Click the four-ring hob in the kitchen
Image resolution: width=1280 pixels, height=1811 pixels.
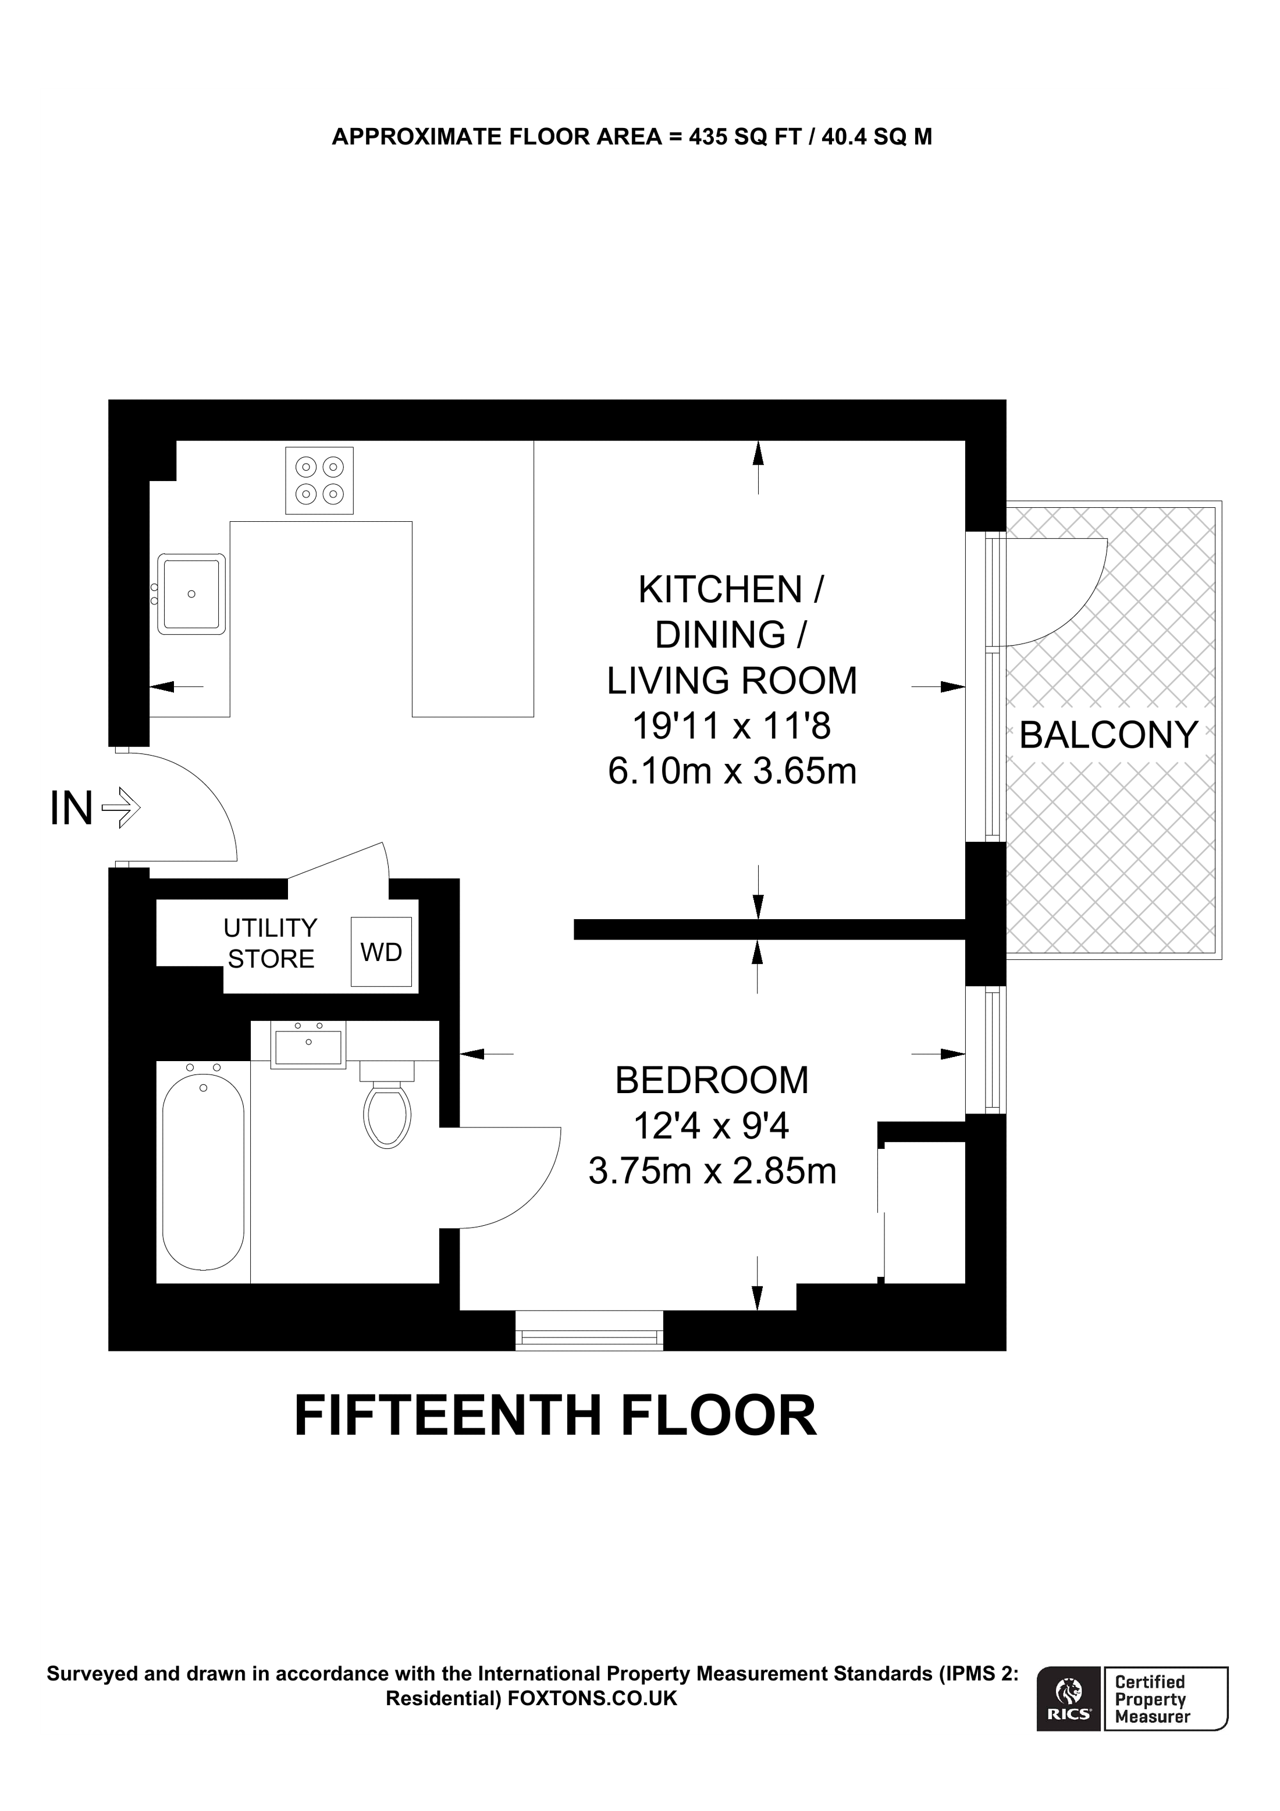pos(319,481)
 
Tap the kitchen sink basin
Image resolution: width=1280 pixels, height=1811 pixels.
pos(191,594)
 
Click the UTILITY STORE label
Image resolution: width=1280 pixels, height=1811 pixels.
pos(271,944)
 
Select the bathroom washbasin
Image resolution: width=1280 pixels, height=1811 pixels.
pos(308,1044)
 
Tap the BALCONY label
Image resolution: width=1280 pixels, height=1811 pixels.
pos(1108,735)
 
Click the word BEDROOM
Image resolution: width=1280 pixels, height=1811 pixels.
pos(712,1080)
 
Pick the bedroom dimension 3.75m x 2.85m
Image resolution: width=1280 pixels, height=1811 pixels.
pos(712,1171)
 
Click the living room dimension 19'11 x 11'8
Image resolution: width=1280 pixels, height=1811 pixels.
pos(731,725)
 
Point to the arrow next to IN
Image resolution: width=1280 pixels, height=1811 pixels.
pos(122,807)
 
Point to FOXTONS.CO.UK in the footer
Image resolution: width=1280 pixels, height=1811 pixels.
pos(592,1698)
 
